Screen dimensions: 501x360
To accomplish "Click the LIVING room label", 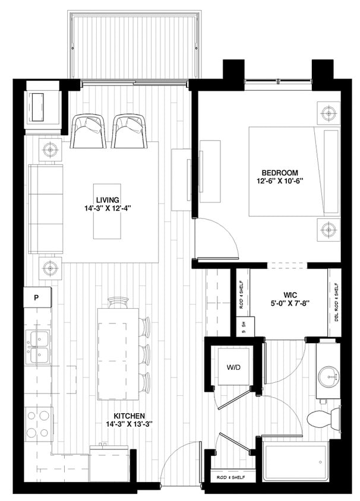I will point(107,199).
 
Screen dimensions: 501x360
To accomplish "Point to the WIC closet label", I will point(290,293).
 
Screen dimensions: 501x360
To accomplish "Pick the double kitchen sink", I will point(37,347).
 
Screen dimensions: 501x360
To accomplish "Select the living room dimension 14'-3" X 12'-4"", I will point(107,209).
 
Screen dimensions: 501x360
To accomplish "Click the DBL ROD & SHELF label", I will point(336,303).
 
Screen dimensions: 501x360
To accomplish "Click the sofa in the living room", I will point(46,210).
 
